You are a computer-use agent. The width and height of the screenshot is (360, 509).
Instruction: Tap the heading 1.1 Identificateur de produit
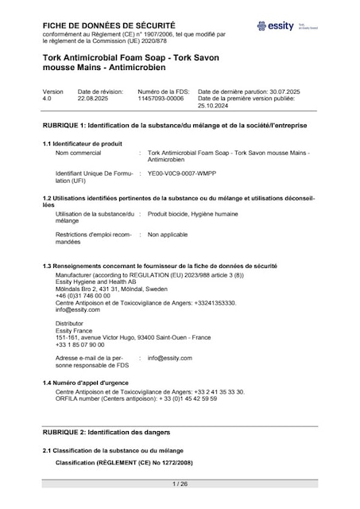point(82,143)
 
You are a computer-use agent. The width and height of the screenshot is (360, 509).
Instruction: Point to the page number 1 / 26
point(180,484)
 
